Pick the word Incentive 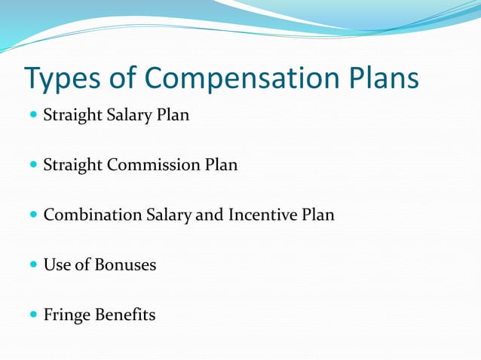click(x=264, y=215)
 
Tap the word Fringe click(x=67, y=315)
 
